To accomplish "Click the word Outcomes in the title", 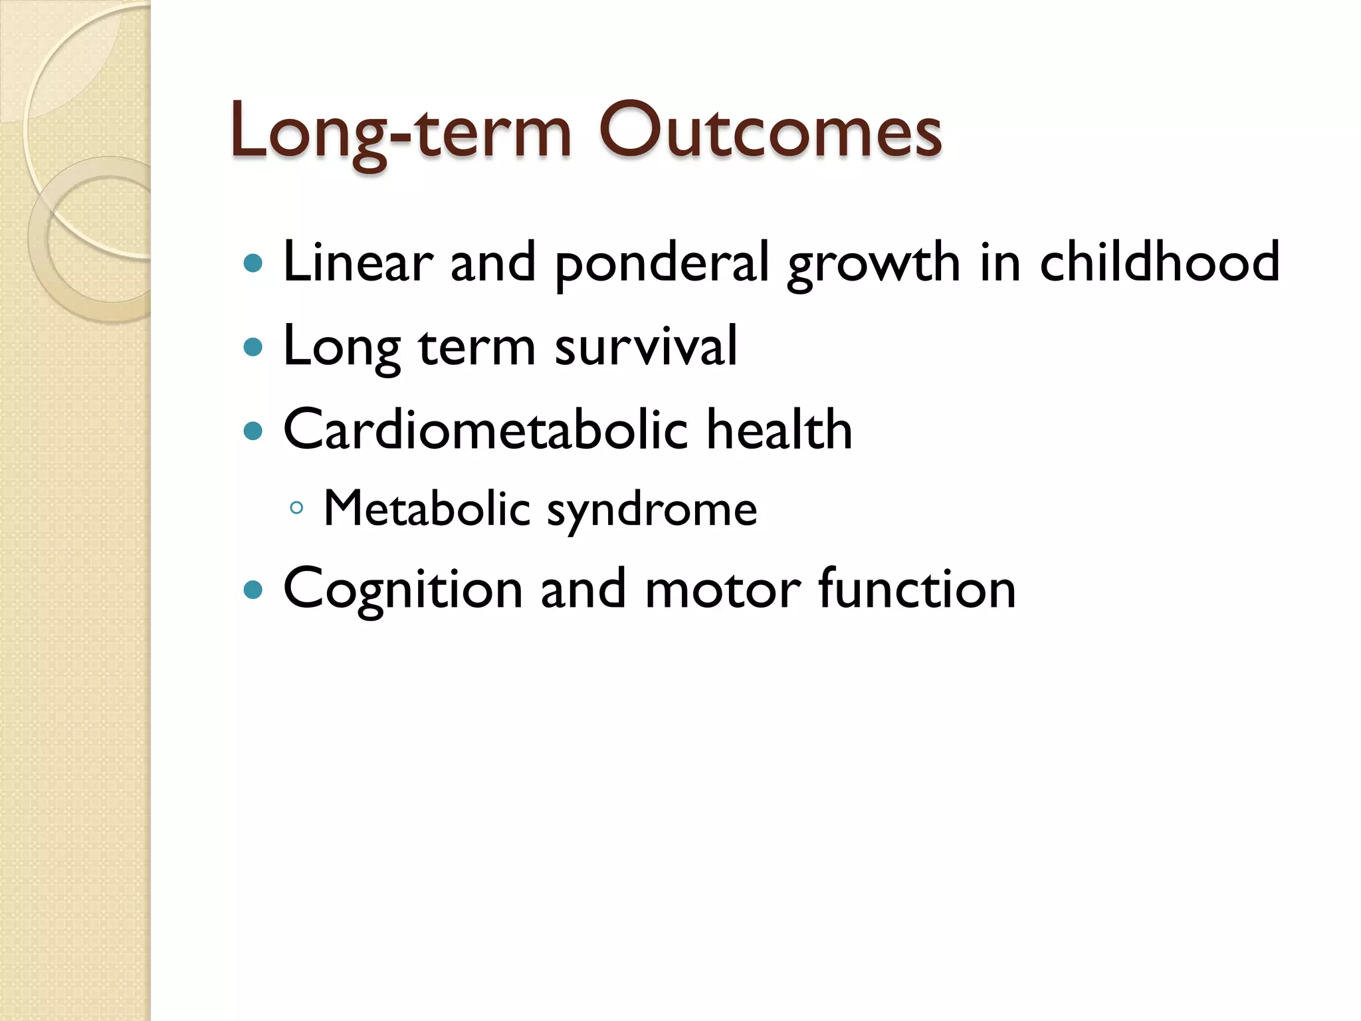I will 769,131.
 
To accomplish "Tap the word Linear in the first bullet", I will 358,262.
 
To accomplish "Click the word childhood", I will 1159,262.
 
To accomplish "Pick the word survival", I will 645,346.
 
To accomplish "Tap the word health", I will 779,429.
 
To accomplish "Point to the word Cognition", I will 403,590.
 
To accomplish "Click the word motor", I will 722,590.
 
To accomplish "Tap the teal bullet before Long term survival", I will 253,347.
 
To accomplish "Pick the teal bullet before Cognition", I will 253,590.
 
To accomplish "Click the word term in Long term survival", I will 476,347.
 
